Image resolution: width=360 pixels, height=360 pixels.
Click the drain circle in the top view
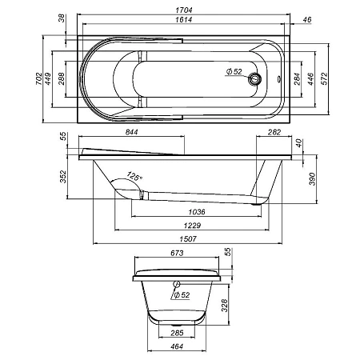[255, 79]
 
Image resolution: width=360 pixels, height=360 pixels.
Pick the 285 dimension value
[178, 331]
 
